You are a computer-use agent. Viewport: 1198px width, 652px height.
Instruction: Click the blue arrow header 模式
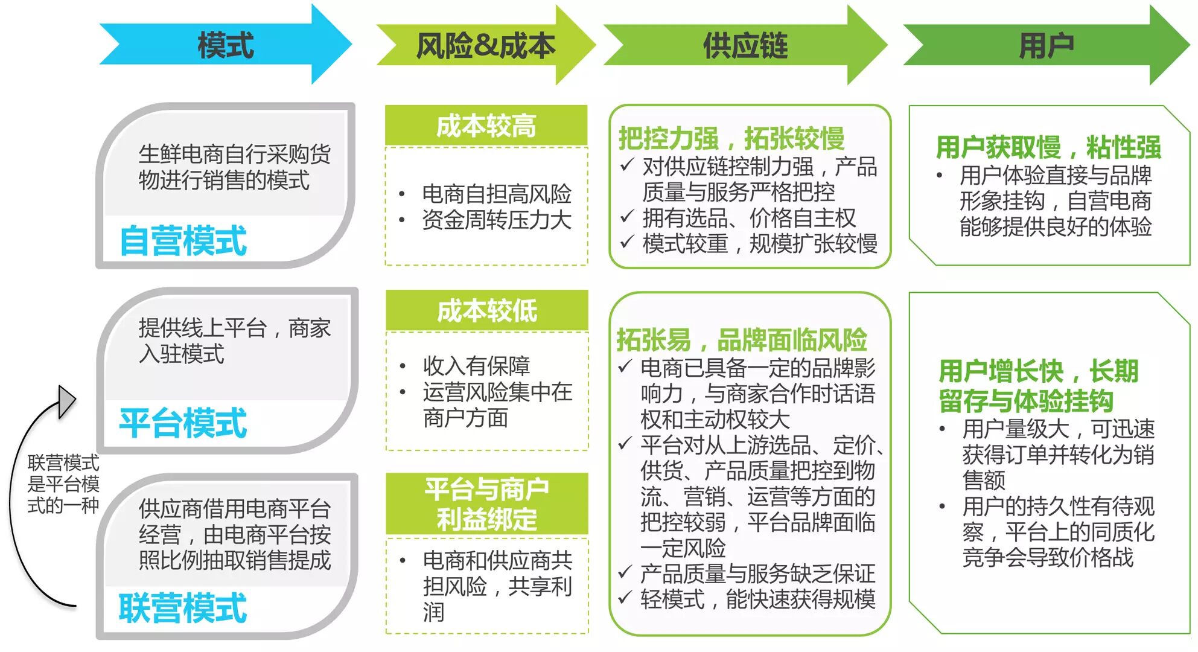(x=226, y=45)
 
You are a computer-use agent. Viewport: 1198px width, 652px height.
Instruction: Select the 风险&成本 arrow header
(x=485, y=45)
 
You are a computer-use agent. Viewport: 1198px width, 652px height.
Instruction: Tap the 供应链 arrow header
(x=745, y=45)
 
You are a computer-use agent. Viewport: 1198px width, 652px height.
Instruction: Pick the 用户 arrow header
(x=1046, y=45)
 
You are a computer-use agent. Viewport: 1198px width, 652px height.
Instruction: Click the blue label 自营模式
(x=183, y=241)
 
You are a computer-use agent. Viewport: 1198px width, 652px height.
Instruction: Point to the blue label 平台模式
(x=183, y=423)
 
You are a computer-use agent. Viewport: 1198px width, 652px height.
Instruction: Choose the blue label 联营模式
(x=183, y=608)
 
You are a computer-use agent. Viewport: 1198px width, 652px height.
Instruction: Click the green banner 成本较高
(x=486, y=126)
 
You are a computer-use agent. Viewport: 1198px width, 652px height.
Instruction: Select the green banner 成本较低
(x=487, y=311)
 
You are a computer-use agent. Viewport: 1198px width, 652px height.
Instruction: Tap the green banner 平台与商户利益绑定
(x=487, y=504)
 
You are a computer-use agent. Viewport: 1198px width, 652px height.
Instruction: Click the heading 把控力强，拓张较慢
(x=731, y=138)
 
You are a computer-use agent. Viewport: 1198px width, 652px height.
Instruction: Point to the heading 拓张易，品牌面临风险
(x=741, y=340)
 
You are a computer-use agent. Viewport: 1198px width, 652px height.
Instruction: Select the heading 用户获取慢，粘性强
(x=1048, y=147)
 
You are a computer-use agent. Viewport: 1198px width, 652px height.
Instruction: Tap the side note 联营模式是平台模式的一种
(x=63, y=484)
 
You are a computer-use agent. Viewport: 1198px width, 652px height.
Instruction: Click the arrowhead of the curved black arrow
(x=66, y=401)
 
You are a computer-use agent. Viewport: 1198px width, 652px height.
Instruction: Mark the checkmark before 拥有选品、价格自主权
(x=627, y=216)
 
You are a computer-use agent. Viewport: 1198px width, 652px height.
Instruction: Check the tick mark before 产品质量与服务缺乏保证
(x=625, y=572)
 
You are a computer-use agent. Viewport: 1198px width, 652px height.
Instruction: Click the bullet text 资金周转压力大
(x=496, y=220)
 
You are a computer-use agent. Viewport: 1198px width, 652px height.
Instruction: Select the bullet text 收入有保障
(x=476, y=366)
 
